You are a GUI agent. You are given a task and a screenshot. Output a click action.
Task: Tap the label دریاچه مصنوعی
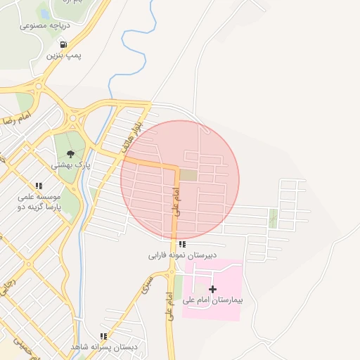pyautogui.click(x=43, y=25)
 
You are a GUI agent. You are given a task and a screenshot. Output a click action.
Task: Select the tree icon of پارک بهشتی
pyautogui.click(x=70, y=155)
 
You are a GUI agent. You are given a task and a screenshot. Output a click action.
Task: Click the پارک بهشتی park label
pyautogui.click(x=69, y=166)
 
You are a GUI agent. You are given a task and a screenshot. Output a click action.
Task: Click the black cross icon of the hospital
pyautogui.click(x=213, y=289)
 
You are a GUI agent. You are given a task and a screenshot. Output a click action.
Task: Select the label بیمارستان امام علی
pyautogui.click(x=212, y=300)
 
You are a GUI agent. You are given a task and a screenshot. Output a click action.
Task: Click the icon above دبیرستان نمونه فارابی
pyautogui.click(x=182, y=245)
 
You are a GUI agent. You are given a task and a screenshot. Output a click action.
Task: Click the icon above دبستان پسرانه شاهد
pyautogui.click(x=103, y=337)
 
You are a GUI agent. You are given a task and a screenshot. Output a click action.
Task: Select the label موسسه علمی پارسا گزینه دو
pyautogui.click(x=40, y=202)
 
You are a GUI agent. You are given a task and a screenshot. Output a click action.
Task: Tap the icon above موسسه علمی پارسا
pyautogui.click(x=39, y=186)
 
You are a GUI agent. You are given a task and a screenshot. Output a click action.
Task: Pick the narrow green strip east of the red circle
pyautogui.click(x=274, y=219)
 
